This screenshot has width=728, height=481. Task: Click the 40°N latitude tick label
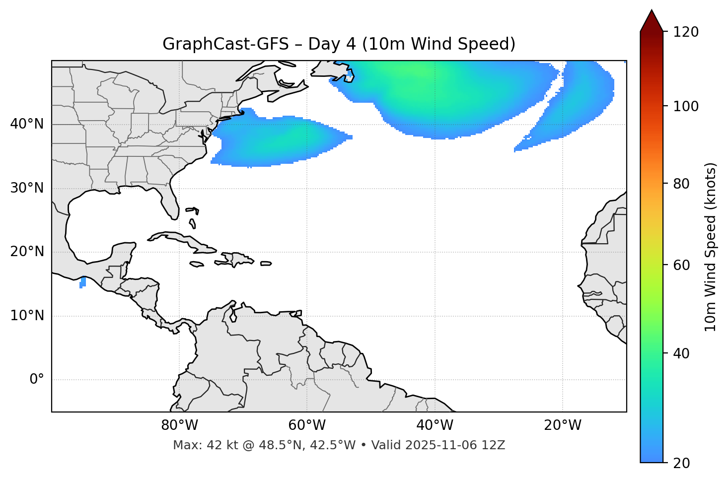(27, 124)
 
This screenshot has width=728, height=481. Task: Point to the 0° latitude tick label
(37, 380)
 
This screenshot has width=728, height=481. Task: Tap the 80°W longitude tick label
(179, 425)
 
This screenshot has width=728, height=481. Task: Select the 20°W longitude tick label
(563, 425)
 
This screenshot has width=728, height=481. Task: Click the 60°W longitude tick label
(307, 425)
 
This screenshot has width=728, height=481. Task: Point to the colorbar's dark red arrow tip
(652, 14)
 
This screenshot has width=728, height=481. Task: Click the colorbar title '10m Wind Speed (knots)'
(711, 247)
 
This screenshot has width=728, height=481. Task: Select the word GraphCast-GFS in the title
(225, 44)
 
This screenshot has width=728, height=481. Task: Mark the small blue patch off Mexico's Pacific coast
(82, 282)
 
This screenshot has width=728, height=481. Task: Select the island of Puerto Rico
(266, 264)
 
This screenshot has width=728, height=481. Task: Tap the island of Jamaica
(197, 265)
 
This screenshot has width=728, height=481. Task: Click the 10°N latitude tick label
(27, 316)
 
